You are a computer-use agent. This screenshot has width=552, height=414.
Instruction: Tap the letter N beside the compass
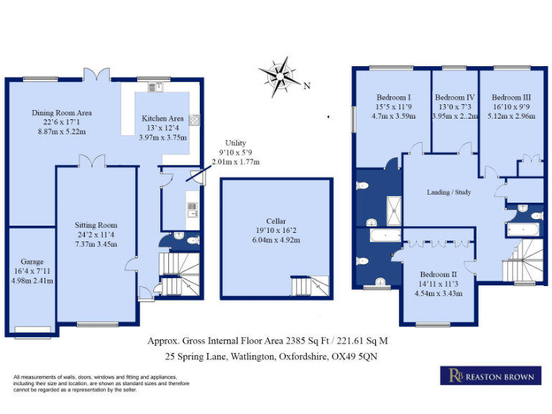307,86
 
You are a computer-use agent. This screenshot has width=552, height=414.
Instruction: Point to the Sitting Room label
96,225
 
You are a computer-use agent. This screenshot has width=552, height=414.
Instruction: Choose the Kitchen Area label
162,119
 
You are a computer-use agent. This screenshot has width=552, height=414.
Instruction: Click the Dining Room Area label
62,113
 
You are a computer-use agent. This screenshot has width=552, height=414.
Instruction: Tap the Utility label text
235,144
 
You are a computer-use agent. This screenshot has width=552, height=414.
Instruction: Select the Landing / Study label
450,192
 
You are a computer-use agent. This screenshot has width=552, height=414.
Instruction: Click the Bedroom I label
393,97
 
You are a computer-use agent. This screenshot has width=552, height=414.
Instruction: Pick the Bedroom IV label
454,97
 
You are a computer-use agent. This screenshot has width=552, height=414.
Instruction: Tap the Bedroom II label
438,275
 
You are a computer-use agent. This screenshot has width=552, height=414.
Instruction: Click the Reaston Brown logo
491,376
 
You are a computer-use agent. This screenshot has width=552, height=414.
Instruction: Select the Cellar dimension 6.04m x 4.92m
277,240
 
